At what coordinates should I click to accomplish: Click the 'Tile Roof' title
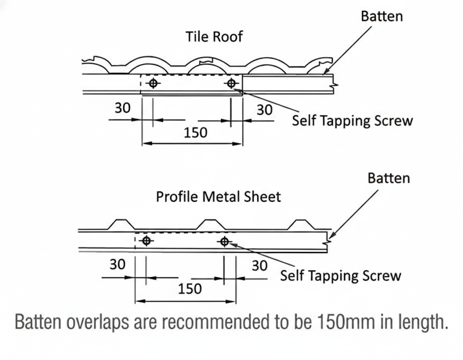click(x=214, y=36)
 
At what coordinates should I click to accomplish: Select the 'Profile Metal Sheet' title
click(x=218, y=197)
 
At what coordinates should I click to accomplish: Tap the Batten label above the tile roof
click(x=382, y=17)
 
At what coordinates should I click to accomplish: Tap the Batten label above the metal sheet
click(x=388, y=178)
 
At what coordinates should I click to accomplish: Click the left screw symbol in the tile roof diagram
click(x=153, y=83)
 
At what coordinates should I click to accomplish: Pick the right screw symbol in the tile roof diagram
click(x=231, y=83)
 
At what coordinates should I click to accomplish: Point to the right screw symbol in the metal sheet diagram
click(x=224, y=241)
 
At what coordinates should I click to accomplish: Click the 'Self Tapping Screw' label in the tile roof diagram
click(x=352, y=121)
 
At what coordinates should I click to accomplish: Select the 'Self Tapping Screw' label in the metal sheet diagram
click(x=340, y=275)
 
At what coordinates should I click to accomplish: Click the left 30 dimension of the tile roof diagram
click(x=122, y=109)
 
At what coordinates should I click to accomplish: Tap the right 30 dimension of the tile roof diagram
click(x=265, y=110)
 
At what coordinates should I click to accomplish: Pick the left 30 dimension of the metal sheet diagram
click(x=117, y=265)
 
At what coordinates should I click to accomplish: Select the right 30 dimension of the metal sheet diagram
click(x=260, y=265)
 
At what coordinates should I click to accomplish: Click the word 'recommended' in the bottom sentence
click(x=228, y=322)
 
